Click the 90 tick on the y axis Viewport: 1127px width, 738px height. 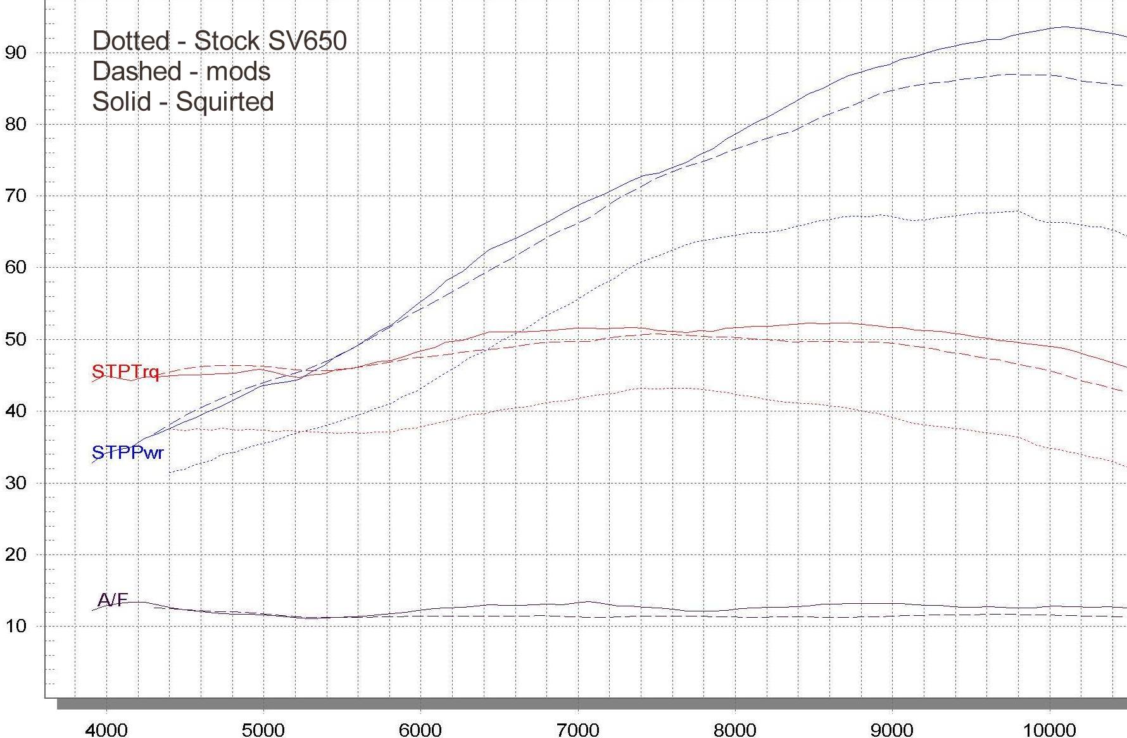click(15, 53)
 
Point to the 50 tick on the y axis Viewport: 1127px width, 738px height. click(15, 339)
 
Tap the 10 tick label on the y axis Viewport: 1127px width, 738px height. click(15, 626)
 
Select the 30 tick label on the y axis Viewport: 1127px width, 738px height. click(15, 483)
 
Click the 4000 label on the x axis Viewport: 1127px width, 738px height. click(106, 729)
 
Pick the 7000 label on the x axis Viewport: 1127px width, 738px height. click(578, 729)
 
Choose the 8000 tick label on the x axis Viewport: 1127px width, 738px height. click(735, 729)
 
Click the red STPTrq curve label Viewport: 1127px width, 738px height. click(125, 372)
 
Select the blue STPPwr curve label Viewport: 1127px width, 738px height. click(127, 453)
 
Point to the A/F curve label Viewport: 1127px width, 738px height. click(113, 599)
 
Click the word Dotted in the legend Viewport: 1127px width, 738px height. click(131, 41)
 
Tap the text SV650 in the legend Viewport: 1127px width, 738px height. click(308, 41)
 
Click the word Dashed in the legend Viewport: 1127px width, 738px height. click(136, 72)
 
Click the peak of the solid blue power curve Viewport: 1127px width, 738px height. click(1065, 27)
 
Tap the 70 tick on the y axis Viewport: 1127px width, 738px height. click(15, 196)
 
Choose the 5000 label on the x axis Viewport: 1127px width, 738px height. click(263, 729)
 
